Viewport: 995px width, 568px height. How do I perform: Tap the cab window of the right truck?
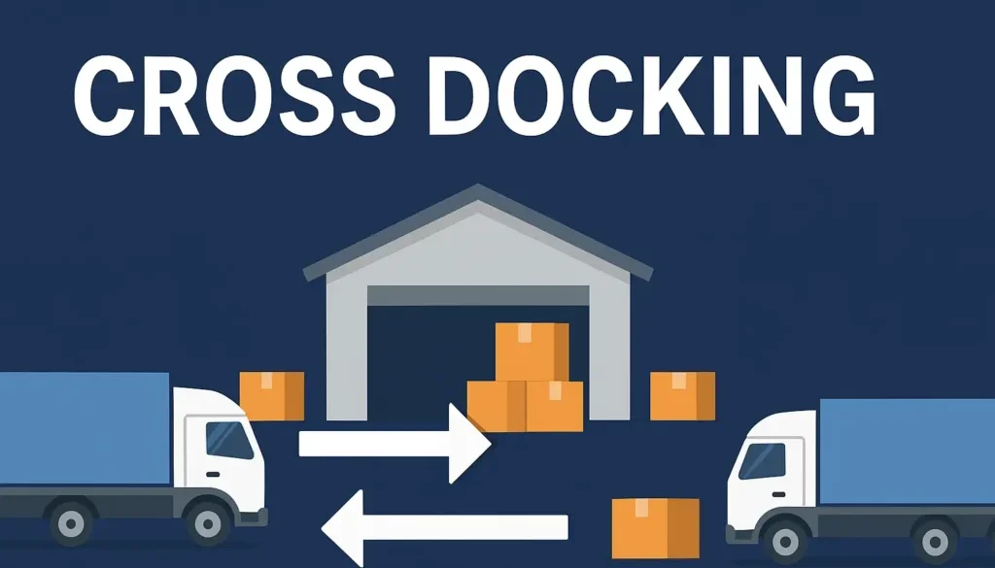pyautogui.click(x=762, y=458)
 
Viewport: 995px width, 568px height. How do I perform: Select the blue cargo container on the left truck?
pyautogui.click(x=84, y=428)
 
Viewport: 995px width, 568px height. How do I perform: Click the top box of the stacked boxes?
pyautogui.click(x=532, y=351)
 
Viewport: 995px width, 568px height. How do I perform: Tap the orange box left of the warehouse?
pyautogui.click(x=272, y=396)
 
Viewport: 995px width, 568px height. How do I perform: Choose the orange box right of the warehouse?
pyautogui.click(x=682, y=396)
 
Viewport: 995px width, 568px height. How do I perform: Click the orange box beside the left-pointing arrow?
pyautogui.click(x=655, y=527)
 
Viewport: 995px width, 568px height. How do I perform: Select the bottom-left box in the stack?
pyautogui.click(x=497, y=406)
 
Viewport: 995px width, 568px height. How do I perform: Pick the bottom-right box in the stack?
pyautogui.click(x=555, y=406)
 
